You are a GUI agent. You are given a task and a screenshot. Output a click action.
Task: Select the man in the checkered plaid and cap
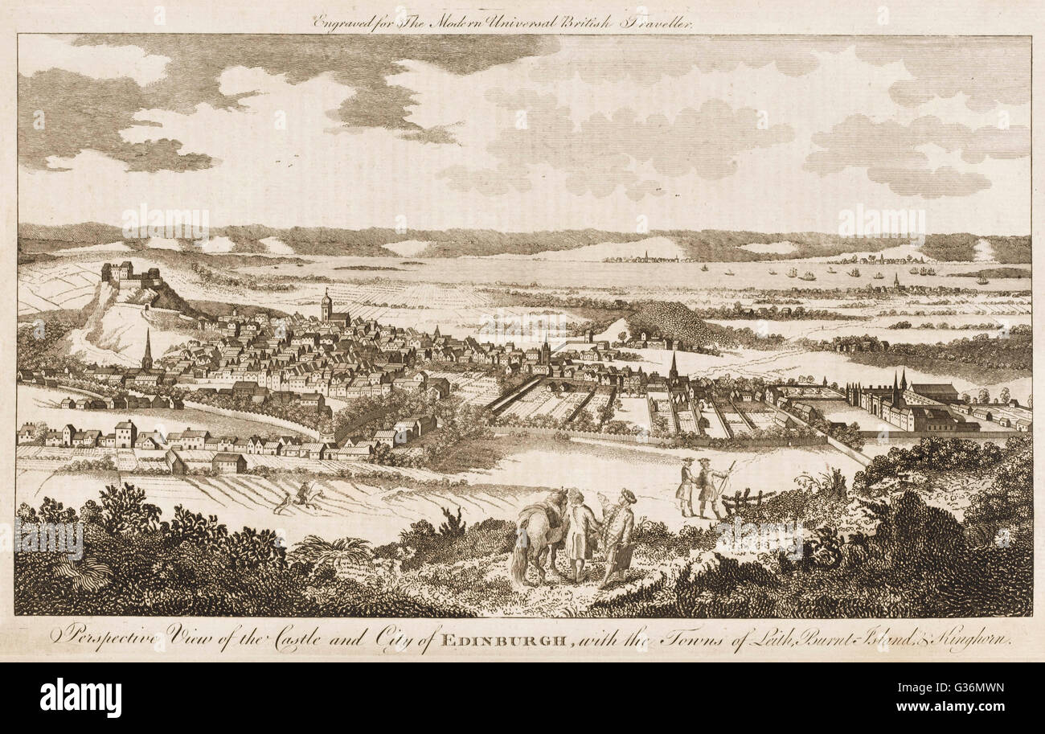pos(619,535)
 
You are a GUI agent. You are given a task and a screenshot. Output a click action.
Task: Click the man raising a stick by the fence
pos(711,487)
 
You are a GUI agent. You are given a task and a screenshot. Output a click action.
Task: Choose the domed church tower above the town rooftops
pos(326,305)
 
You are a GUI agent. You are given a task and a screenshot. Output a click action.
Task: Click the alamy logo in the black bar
pos(80,696)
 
